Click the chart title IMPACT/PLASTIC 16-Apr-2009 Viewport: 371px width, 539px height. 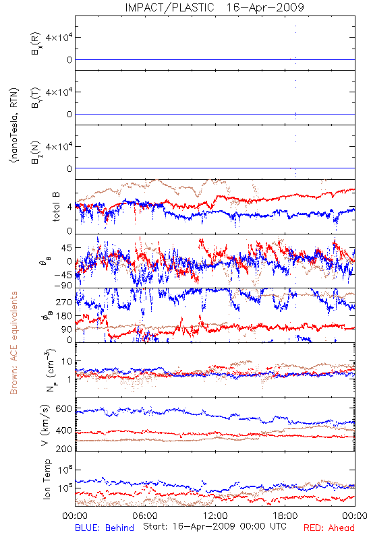(x=215, y=7)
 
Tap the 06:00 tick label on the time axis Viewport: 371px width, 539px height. (x=145, y=516)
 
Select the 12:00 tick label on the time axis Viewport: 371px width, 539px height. (x=215, y=516)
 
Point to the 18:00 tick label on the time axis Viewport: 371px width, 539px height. (x=285, y=516)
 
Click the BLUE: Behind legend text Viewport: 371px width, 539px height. (x=105, y=528)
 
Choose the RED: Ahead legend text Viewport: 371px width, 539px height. (x=329, y=528)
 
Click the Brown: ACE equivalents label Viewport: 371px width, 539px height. (x=13, y=343)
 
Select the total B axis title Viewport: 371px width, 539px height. (x=56, y=207)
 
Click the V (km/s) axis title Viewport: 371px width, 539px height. (x=45, y=425)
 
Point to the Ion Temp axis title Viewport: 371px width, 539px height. (x=47, y=479)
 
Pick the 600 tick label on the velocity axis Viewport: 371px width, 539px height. (x=64, y=409)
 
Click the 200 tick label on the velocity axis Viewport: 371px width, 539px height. (x=64, y=449)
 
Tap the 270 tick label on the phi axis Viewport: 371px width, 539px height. (x=64, y=302)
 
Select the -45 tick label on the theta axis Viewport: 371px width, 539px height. (x=63, y=275)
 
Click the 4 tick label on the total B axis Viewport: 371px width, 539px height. (x=70, y=208)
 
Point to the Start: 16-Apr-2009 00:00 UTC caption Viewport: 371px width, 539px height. (x=215, y=526)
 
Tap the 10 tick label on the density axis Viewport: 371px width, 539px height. (x=67, y=361)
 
